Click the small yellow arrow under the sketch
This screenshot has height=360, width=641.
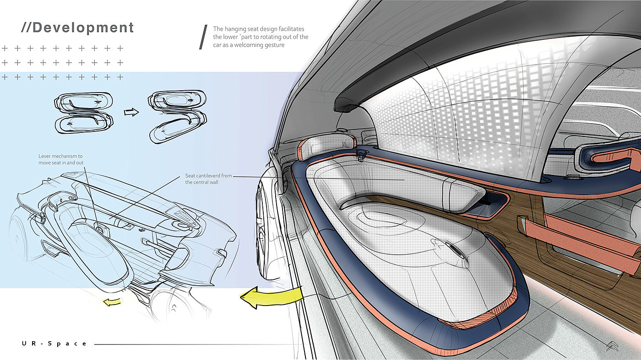[x=112, y=301]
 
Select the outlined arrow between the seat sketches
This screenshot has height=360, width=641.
[x=131, y=112]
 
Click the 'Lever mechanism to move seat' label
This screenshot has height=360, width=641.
[x=61, y=159]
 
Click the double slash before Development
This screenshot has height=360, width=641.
[x=26, y=27]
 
